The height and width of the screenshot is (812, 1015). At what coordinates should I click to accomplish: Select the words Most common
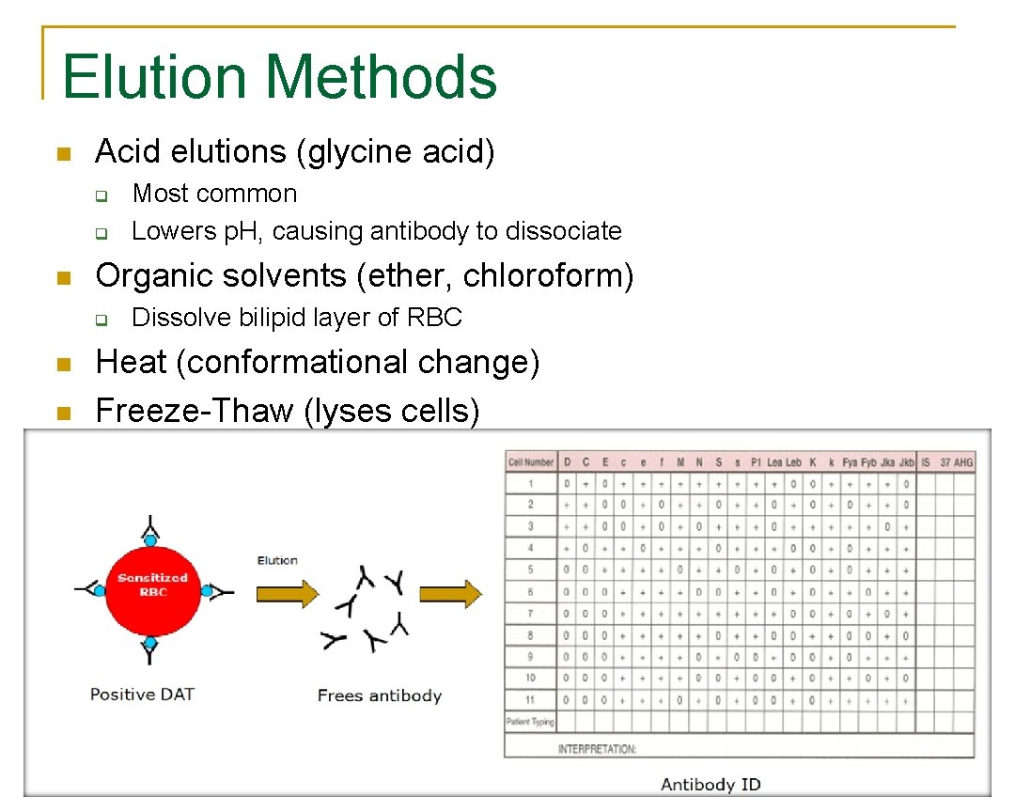click(214, 194)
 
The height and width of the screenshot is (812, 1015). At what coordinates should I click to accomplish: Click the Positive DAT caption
click(142, 695)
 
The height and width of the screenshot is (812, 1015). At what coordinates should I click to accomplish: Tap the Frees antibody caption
click(379, 695)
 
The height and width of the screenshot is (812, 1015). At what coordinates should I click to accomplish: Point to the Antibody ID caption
click(710, 784)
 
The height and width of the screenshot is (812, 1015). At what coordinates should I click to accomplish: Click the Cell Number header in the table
click(531, 461)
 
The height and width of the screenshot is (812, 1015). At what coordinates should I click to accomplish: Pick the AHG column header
click(963, 461)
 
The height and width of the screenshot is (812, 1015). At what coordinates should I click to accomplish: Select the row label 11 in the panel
click(530, 700)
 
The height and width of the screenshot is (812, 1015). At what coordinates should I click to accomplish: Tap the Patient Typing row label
click(531, 722)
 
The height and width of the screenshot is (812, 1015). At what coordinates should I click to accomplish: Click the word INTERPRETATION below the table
click(597, 749)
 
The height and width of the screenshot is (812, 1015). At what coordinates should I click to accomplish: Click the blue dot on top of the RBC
click(149, 539)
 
